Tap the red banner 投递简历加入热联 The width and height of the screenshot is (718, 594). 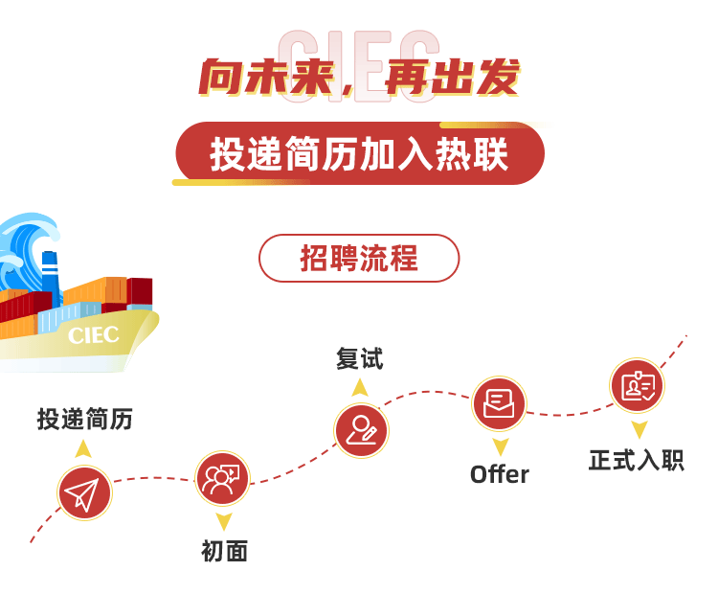pos(359,154)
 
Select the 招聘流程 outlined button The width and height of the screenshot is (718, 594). pos(359,258)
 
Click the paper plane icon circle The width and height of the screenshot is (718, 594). pos(83,493)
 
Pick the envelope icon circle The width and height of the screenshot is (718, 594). pos(499,403)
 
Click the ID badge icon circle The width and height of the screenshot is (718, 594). pos(638,386)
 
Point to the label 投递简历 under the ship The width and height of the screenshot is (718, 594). pos(84,419)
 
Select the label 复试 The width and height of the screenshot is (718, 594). pos(359,359)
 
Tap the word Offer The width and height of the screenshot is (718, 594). pos(499,474)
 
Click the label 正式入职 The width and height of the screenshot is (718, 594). pos(637,460)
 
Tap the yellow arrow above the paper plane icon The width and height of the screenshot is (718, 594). pos(83,448)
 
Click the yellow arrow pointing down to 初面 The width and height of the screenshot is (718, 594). pos(223,522)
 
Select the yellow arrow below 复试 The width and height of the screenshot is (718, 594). pos(359,387)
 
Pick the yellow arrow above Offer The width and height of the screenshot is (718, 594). pos(500,446)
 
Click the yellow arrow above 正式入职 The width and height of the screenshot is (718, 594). pos(639,429)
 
